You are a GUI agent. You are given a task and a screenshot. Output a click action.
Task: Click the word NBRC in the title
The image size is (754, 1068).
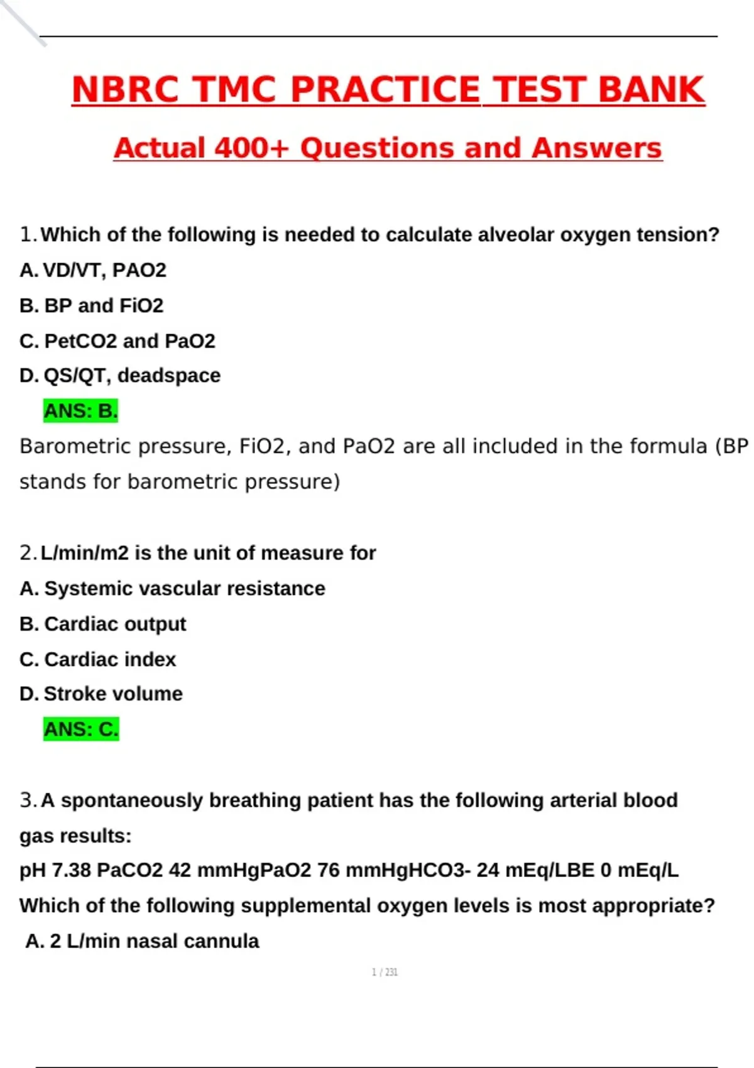coord(125,89)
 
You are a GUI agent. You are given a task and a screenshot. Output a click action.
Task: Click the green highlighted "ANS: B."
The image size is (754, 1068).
coord(80,411)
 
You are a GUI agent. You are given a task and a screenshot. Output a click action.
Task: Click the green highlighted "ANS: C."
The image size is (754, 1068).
coord(80,729)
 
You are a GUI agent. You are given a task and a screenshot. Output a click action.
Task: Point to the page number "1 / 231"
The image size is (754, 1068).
coord(385,973)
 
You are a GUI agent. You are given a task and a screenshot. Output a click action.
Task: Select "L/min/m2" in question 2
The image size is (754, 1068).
coord(85,553)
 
